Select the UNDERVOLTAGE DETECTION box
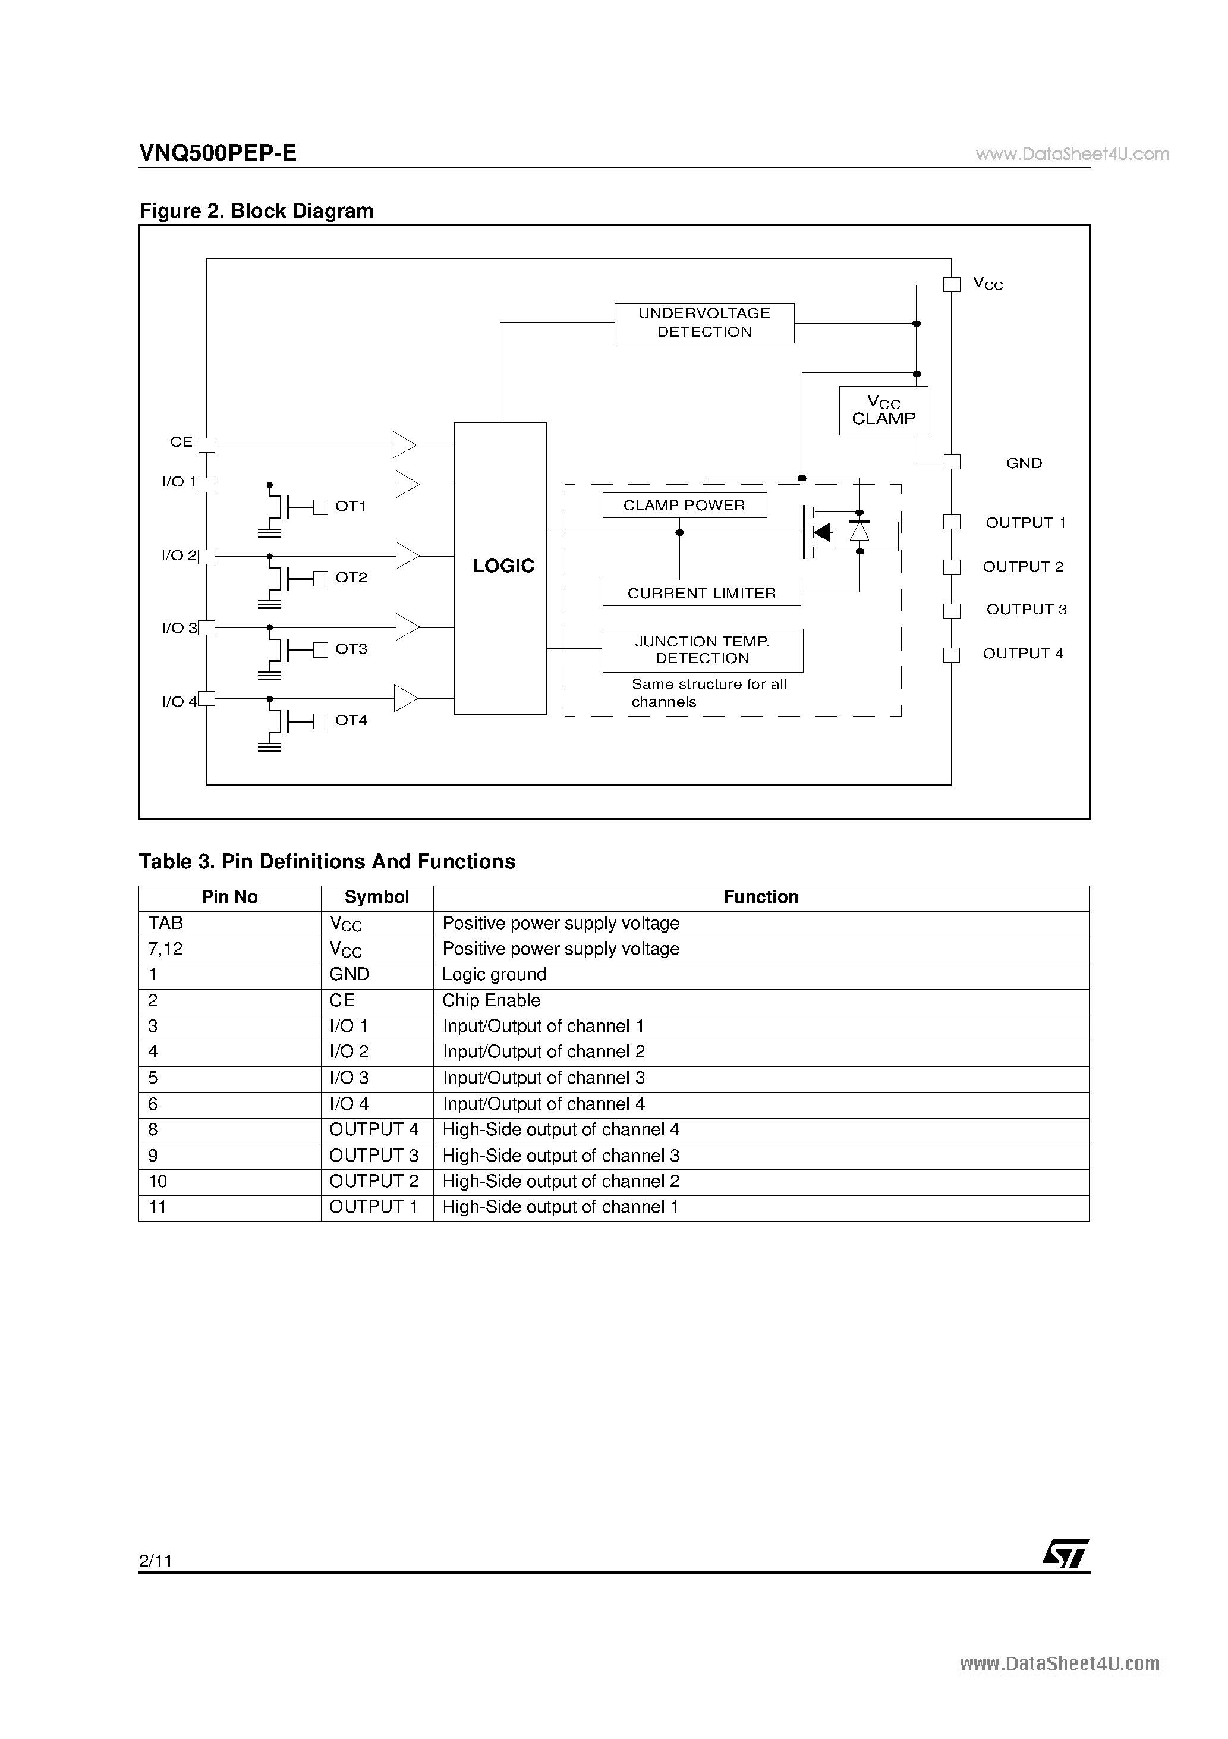click(x=704, y=323)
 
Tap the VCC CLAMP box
click(x=883, y=410)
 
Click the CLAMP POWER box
click(x=684, y=505)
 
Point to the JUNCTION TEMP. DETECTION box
click(x=703, y=650)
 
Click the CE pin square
click(x=207, y=445)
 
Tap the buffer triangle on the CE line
click(x=404, y=445)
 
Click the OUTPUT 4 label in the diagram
click(x=1023, y=653)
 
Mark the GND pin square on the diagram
click(x=952, y=462)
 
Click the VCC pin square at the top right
click(x=952, y=284)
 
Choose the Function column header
click(x=760, y=897)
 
